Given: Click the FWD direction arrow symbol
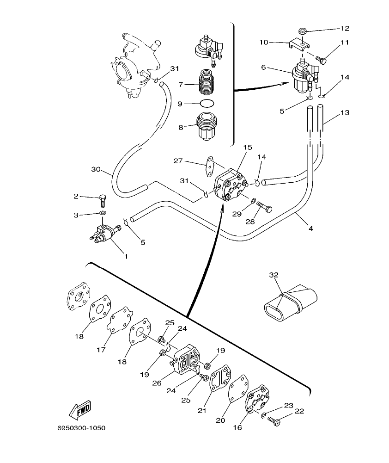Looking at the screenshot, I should click(79, 408).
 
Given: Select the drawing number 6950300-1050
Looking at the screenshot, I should click(82, 428).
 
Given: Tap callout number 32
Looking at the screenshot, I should click(274, 275).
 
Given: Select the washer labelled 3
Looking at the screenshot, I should click(103, 213).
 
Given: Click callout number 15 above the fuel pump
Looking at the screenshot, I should click(248, 148).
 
